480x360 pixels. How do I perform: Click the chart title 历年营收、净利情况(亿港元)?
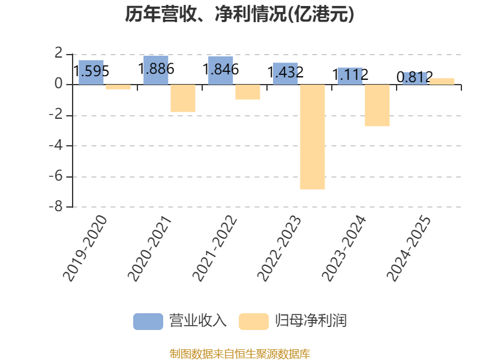point(239,14)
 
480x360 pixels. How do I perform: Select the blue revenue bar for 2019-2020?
point(91,72)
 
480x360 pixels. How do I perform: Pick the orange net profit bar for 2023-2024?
point(377,106)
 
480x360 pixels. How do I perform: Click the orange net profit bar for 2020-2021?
point(183,98)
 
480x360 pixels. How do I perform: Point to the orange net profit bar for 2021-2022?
point(248,92)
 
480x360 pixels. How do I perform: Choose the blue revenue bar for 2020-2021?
point(156,70)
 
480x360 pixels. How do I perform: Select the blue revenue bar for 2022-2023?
point(286,73)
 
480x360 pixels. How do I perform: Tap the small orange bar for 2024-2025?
point(442,81)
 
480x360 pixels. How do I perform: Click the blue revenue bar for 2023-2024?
point(350,76)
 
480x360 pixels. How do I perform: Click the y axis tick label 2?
point(58,54)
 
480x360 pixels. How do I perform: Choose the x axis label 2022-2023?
point(280,248)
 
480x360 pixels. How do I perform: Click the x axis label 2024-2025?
point(410,248)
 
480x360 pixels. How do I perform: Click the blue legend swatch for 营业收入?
point(148,321)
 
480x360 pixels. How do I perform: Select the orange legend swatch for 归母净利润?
point(253,321)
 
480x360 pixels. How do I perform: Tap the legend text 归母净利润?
point(311,321)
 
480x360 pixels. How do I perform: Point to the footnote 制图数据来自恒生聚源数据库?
point(239,353)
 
